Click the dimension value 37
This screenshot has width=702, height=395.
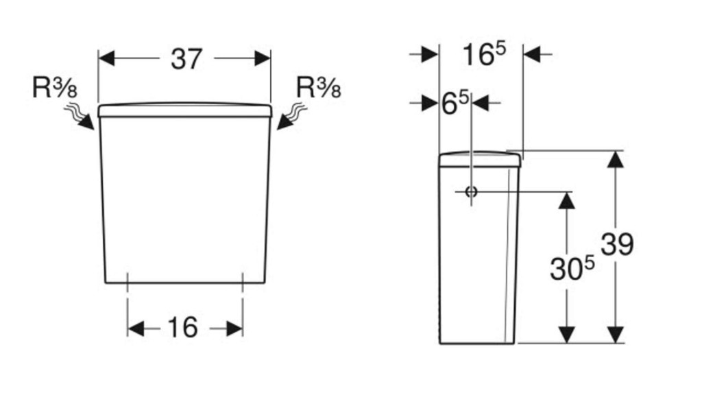[x=186, y=59]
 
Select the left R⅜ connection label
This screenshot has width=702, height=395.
[x=55, y=87]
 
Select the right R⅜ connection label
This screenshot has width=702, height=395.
[x=318, y=87]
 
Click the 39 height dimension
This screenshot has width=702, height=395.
[x=617, y=245]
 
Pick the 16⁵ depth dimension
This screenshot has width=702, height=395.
[x=483, y=54]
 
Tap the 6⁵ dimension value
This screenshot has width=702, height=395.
[x=455, y=103]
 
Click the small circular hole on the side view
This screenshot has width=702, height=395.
[x=471, y=192]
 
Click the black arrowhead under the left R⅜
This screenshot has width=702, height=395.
[x=86, y=122]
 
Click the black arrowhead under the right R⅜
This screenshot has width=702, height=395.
[x=285, y=122]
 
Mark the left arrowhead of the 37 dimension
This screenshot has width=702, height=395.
[x=106, y=58]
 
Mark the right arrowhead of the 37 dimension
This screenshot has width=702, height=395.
[x=263, y=58]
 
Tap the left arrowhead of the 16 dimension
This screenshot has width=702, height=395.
[x=136, y=328]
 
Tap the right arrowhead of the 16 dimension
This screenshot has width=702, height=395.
[x=234, y=328]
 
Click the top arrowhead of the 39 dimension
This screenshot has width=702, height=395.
[x=616, y=159]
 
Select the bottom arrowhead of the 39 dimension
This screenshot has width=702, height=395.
[x=616, y=335]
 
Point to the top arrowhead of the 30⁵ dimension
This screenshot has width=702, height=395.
[x=567, y=201]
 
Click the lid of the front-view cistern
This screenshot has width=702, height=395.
[x=185, y=110]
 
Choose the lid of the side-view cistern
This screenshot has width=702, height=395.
[x=479, y=159]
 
